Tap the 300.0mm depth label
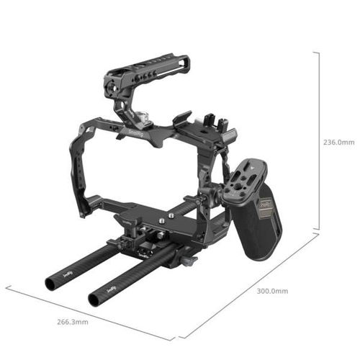point(272,292)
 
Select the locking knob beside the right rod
point(189,259)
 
